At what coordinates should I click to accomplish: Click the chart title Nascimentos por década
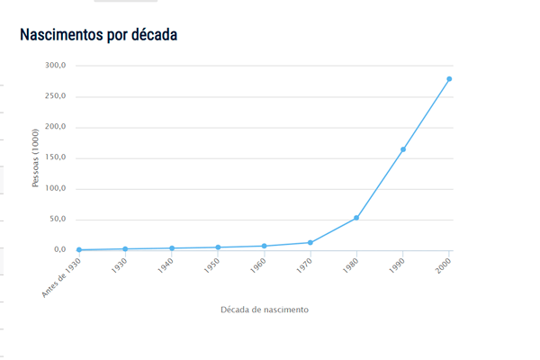(99, 34)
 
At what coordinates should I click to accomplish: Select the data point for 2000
(449, 79)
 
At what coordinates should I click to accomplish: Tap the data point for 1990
(403, 149)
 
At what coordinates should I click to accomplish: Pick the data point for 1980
(356, 218)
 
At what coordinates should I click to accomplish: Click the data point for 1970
(310, 242)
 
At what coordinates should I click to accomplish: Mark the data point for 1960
(264, 246)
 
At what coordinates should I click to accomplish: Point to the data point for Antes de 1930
(79, 249)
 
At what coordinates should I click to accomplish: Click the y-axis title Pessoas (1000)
(36, 157)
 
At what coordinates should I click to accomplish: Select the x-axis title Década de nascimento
(265, 310)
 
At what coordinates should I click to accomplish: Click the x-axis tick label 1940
(166, 266)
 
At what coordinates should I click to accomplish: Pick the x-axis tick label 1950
(211, 266)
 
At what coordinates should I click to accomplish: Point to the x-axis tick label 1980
(350, 266)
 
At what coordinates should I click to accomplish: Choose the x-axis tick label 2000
(443, 266)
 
